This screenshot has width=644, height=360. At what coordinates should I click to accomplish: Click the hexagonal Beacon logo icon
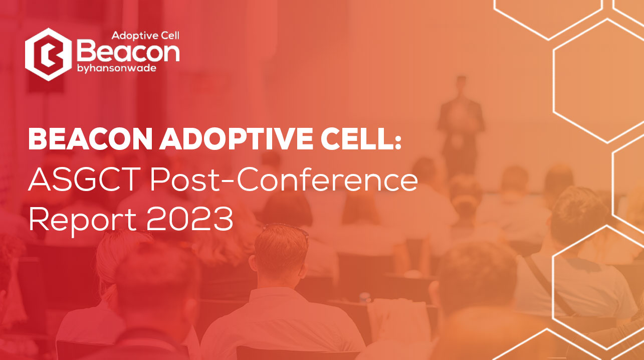click(48, 54)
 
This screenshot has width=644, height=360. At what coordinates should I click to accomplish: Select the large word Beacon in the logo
click(128, 52)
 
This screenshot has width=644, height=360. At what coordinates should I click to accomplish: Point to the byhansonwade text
click(117, 68)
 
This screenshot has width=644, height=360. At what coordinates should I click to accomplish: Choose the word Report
click(83, 220)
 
